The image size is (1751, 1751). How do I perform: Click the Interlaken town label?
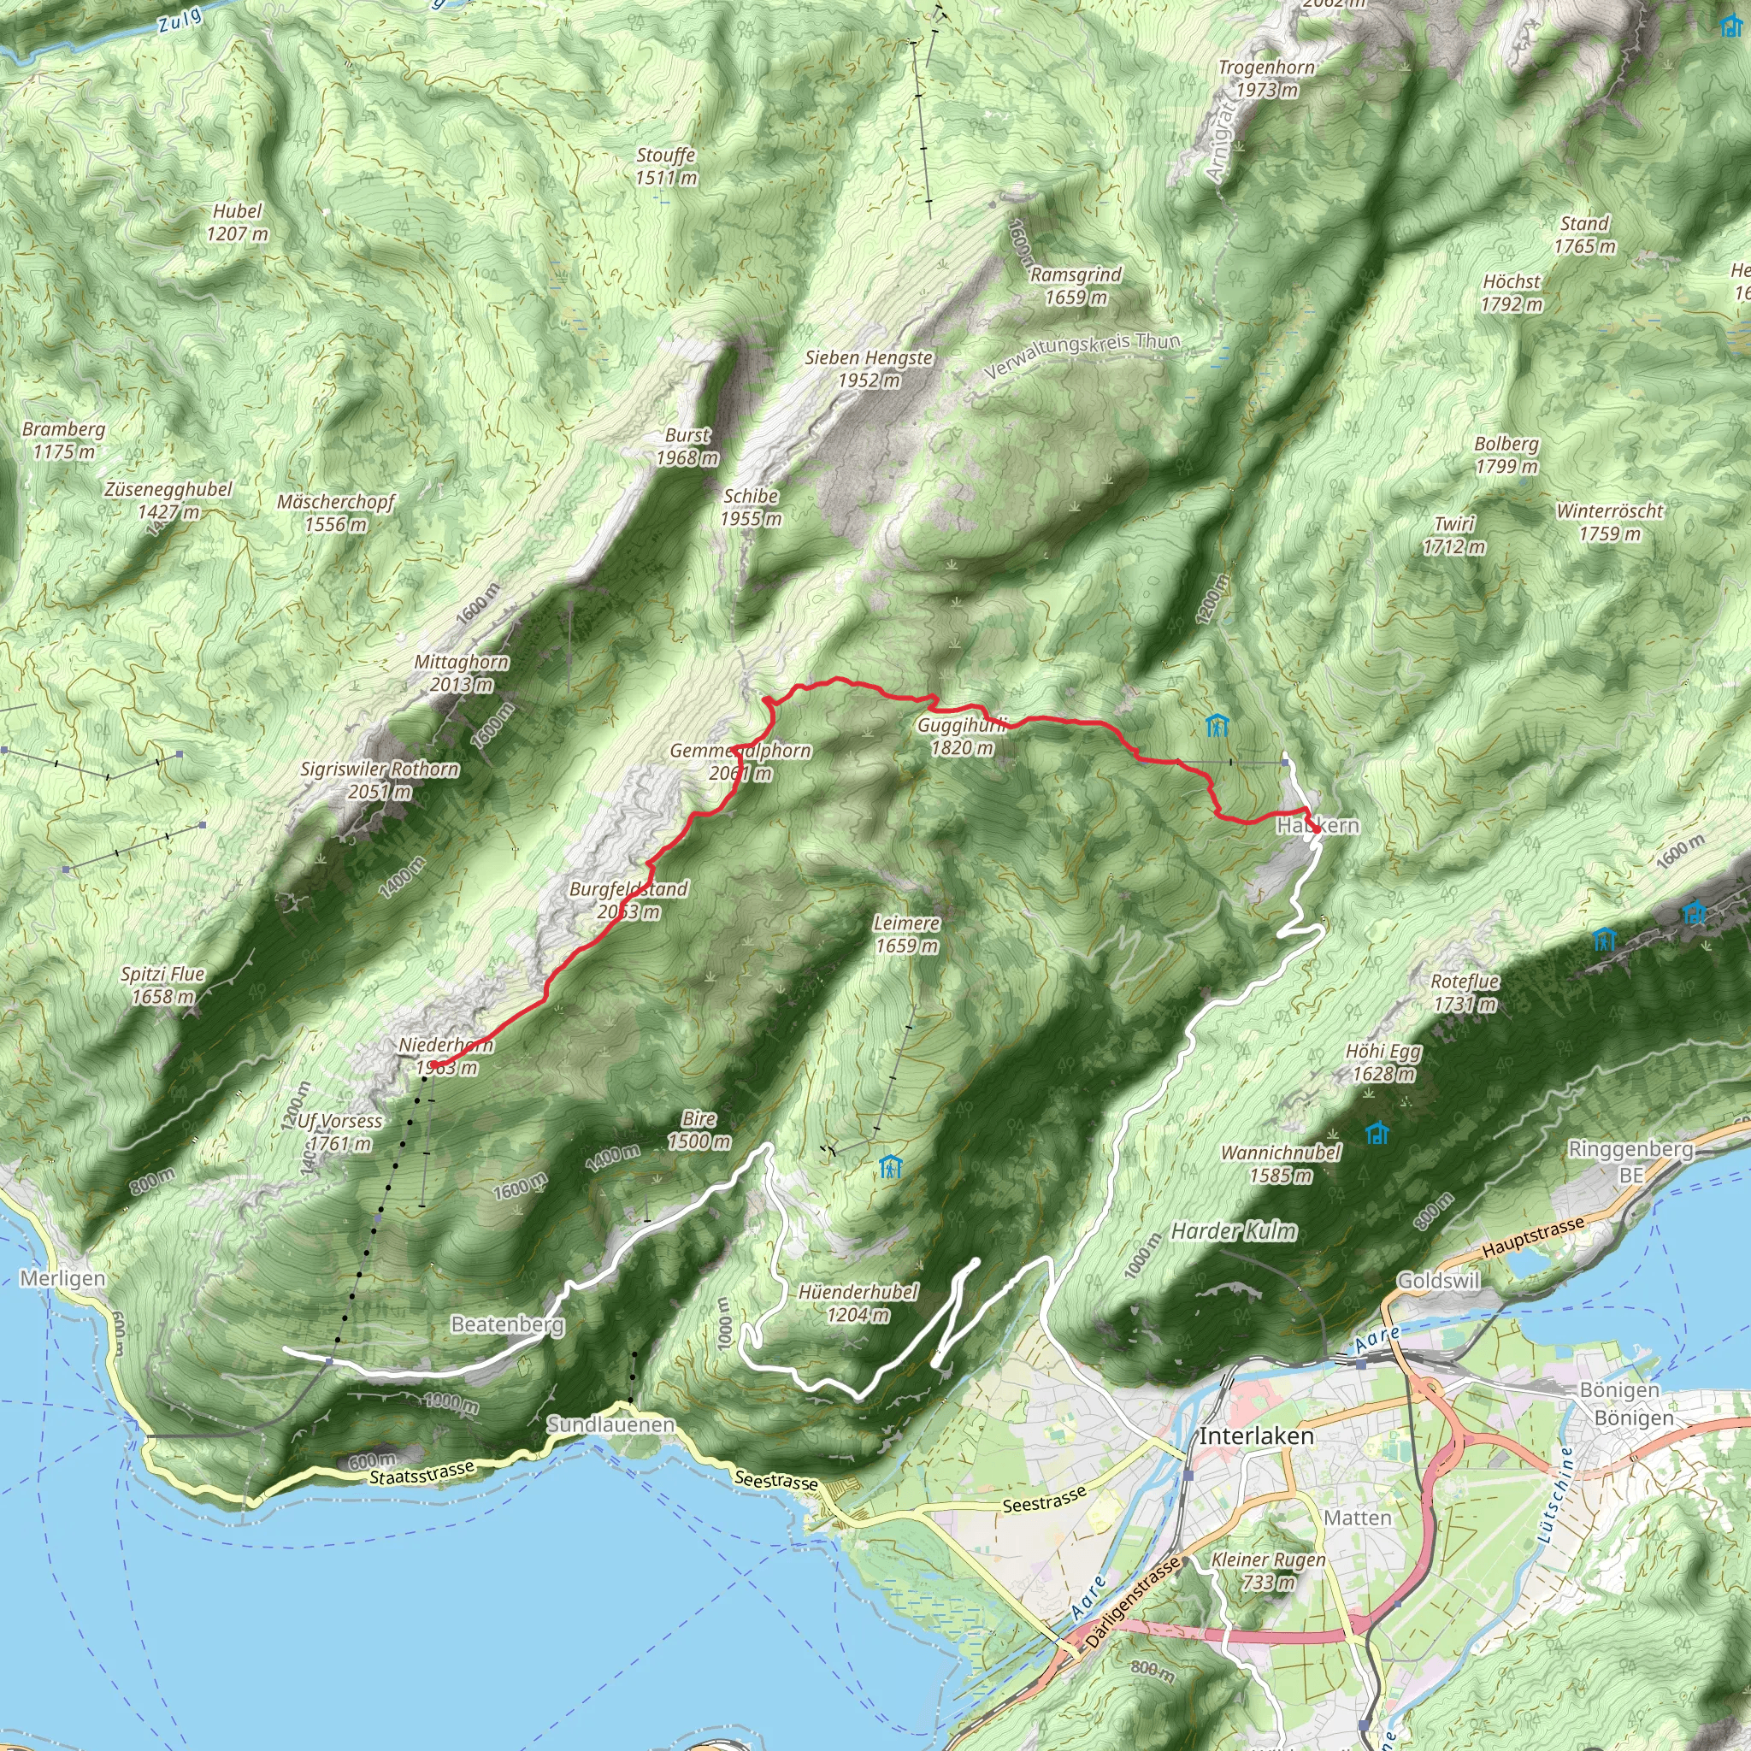1255,1436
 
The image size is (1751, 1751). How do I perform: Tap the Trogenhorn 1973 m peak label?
1266,79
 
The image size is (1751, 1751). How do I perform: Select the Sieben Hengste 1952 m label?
869,368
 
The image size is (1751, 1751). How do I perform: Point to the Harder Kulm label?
1234,1231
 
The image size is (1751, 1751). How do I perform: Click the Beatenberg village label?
508,1325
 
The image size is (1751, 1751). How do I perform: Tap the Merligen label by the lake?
62,1279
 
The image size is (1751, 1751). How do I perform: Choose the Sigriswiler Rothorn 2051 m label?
380,781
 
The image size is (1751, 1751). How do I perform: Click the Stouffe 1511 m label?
666,167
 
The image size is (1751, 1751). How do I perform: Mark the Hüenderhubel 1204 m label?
858,1302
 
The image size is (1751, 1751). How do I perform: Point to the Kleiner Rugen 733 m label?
1268,1571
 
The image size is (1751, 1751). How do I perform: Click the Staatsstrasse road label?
422,1472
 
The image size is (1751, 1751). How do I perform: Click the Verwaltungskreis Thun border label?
1082,357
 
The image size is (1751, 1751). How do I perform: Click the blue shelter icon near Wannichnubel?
1377,1133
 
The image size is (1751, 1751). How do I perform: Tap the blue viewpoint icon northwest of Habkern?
1217,724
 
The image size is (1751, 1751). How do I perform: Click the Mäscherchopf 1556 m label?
335,513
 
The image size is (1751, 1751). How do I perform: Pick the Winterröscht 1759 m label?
1609,522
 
